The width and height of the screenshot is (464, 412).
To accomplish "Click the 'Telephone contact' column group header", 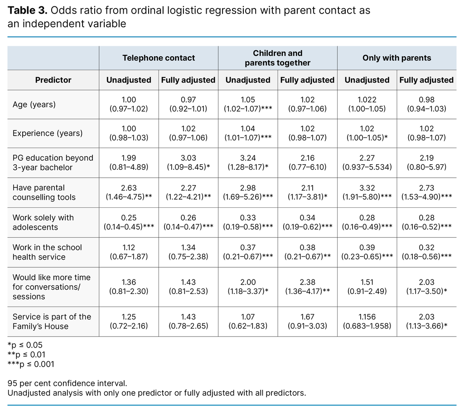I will click(159, 58).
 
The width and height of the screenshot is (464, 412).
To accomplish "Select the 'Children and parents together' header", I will click(277, 58).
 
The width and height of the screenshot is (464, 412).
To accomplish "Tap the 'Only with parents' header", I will click(396, 58).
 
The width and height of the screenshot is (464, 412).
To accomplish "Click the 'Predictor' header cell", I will click(53, 80).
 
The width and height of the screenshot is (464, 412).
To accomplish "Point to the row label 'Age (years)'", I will click(34, 104).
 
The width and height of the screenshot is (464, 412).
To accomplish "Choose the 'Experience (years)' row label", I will click(48, 133).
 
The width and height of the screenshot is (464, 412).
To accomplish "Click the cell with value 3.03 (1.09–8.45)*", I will click(188, 162).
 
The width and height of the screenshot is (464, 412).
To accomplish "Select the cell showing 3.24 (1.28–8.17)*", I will click(248, 162).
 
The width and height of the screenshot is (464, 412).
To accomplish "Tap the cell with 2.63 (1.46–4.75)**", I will click(129, 192).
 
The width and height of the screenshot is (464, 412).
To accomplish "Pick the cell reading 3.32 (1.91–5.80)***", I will click(367, 192).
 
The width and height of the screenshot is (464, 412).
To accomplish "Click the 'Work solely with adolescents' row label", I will click(43, 222).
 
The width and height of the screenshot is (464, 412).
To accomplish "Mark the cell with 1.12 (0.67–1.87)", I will click(129, 252).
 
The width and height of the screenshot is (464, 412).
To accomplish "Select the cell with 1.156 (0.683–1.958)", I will click(367, 321).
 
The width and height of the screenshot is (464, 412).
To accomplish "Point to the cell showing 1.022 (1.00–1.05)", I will click(367, 104).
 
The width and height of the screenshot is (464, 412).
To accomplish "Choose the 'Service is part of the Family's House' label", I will click(52, 321).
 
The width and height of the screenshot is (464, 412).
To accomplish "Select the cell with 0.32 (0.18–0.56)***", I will click(426, 252).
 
